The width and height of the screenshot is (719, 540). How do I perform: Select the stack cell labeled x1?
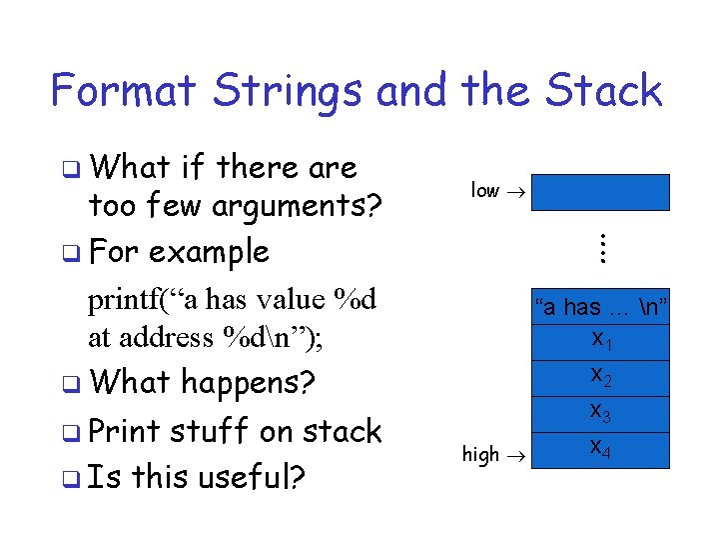tap(601, 341)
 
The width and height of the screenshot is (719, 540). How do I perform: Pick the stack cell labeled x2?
tap(601, 377)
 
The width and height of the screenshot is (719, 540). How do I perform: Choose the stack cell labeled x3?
tap(601, 412)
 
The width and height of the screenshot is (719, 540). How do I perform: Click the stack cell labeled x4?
tap(601, 448)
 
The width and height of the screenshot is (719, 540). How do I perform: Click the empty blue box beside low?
tap(600, 192)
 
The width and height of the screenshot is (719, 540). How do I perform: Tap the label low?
tap(484, 190)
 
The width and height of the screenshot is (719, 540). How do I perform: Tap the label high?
tap(480, 455)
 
